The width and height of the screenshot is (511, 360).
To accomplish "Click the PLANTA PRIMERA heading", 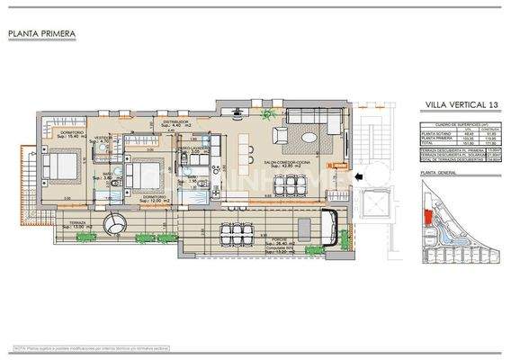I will pyautogui.click(x=41, y=35).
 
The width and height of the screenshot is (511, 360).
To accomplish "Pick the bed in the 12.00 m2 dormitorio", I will pyautogui.click(x=141, y=173).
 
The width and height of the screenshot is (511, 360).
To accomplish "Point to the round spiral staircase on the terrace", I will pyautogui.click(x=115, y=222).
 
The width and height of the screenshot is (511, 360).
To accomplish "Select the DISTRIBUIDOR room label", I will pyautogui.click(x=174, y=121).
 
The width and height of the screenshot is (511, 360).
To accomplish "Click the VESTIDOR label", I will pyautogui.click(x=104, y=137).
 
